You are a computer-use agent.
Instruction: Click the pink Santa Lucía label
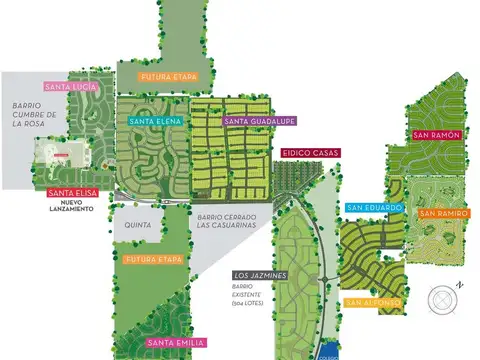click(x=71, y=87)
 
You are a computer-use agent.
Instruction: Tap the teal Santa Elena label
click(x=155, y=122)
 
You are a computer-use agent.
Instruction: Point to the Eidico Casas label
click(x=310, y=153)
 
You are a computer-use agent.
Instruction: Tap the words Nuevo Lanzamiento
click(x=71, y=207)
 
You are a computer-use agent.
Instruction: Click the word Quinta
click(x=138, y=226)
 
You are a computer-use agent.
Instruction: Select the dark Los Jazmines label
click(x=261, y=274)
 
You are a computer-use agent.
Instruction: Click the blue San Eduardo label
click(x=375, y=208)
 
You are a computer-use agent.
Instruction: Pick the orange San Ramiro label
click(x=442, y=214)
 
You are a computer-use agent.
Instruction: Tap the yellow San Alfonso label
click(x=375, y=301)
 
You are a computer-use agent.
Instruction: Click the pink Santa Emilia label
click(x=176, y=344)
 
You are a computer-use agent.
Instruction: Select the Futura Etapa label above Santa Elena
click(x=167, y=77)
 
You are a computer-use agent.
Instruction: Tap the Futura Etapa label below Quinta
click(x=154, y=260)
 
